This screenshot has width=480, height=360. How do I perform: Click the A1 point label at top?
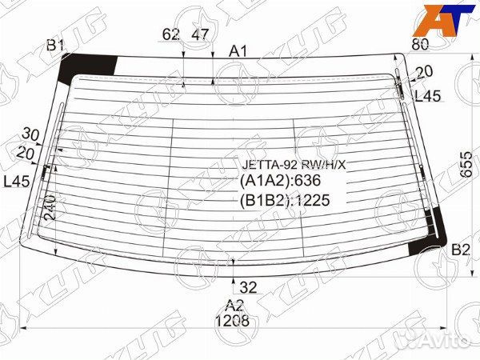238,51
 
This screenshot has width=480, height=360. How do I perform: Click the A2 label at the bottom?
233,305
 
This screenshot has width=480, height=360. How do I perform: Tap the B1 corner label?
55,46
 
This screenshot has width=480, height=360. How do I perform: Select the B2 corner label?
460,250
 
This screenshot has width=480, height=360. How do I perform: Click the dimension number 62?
170,34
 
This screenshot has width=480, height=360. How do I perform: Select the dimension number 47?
200,34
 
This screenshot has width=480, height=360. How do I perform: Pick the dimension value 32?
248,287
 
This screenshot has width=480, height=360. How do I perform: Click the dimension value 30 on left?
31,134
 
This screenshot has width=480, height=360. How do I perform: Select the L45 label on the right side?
427,96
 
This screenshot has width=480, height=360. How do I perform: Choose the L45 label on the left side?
17,182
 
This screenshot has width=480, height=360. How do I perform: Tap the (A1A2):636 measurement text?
276,182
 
